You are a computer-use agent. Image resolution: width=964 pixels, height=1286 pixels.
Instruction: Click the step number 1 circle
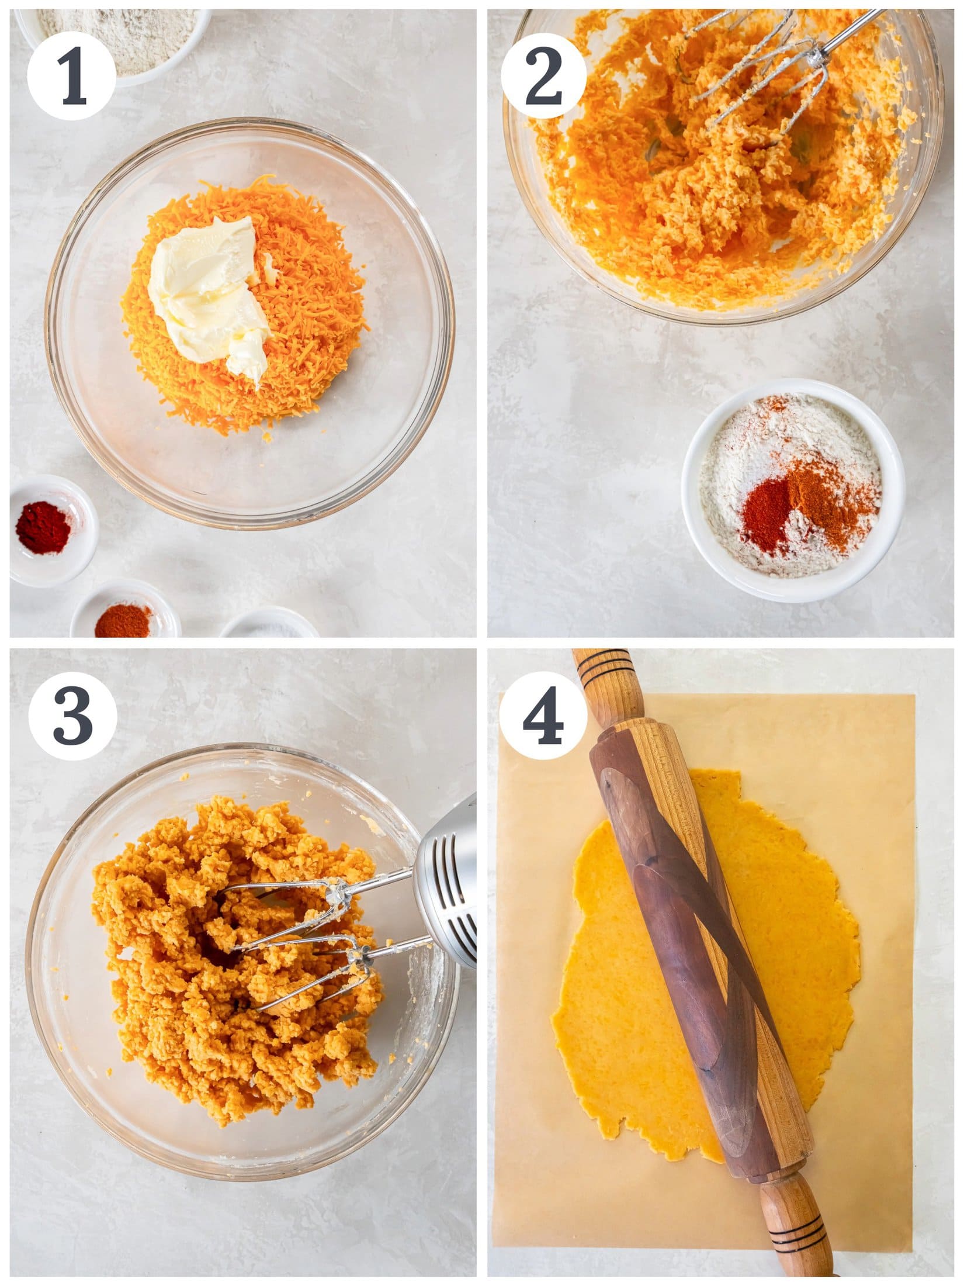(x=71, y=75)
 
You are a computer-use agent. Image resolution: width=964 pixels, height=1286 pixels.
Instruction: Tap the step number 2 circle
(x=543, y=75)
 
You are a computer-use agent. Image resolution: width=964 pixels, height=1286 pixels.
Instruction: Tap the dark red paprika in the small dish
(x=44, y=529)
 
